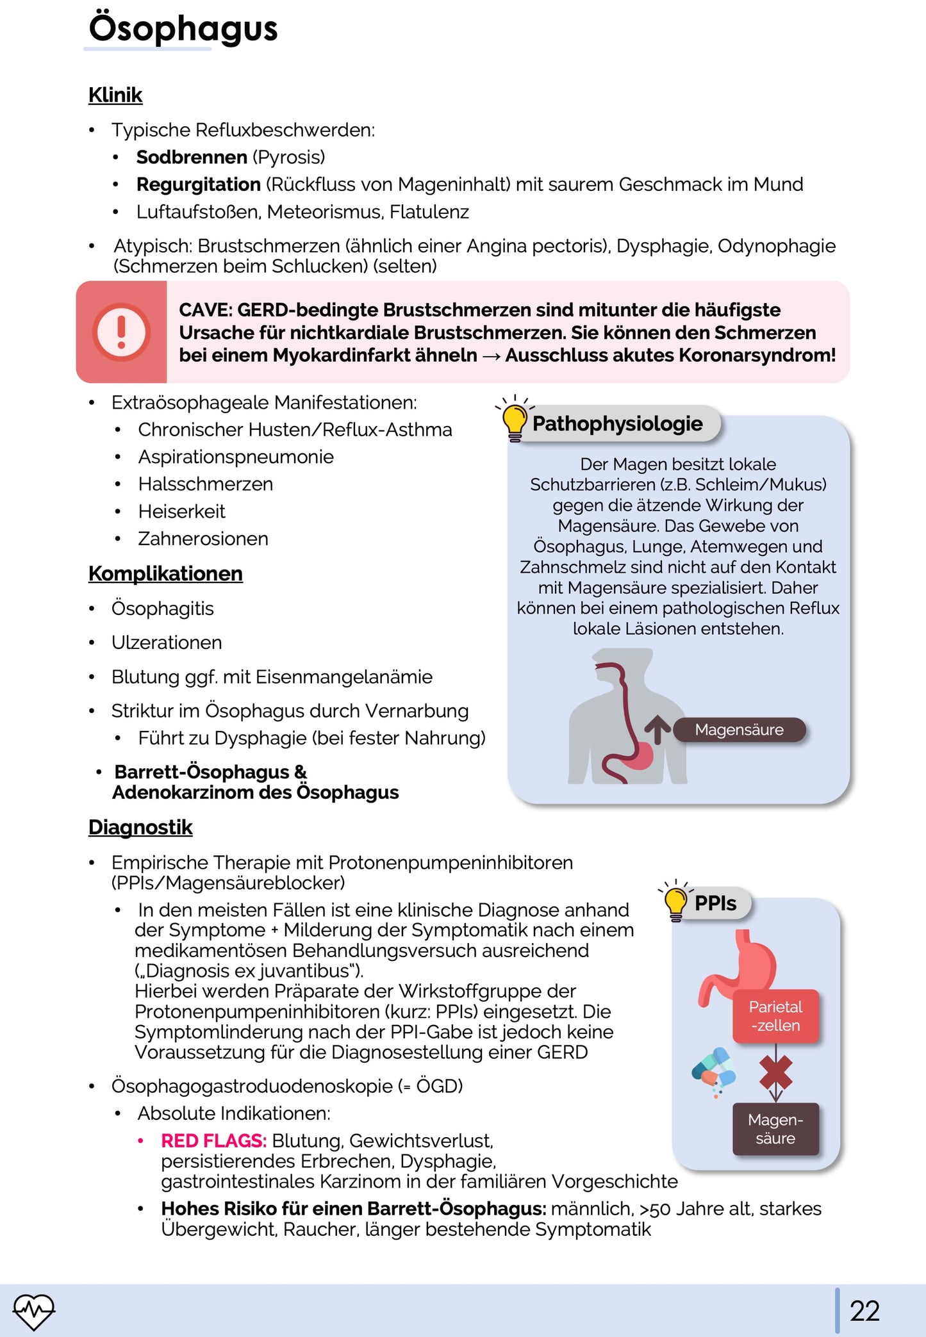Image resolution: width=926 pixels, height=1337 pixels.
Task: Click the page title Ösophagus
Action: tap(183, 29)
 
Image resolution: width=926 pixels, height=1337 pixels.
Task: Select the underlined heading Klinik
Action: tap(115, 95)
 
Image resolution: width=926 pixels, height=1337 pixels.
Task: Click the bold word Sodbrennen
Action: tap(192, 157)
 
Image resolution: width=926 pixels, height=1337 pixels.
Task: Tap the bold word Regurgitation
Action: tap(198, 185)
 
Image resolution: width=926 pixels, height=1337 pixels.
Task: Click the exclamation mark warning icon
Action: tap(121, 332)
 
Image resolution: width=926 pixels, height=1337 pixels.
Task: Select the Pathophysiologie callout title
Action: tap(617, 423)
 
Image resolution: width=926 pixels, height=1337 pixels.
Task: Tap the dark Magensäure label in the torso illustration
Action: tap(739, 730)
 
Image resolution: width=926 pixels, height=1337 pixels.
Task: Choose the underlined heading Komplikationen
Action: tap(165, 573)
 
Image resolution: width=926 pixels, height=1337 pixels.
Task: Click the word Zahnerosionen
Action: tap(203, 539)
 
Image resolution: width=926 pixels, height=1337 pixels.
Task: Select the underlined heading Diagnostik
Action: tap(140, 827)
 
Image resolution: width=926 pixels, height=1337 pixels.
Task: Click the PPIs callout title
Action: tap(715, 903)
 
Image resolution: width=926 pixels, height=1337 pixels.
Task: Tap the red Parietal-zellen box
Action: tap(775, 1016)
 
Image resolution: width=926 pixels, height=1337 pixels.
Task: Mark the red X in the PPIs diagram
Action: tap(775, 1072)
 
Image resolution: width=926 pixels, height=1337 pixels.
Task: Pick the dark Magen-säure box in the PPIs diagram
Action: tap(775, 1129)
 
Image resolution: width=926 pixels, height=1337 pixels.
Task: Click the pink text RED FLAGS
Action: tap(213, 1141)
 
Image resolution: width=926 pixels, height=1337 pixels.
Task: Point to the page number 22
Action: tap(864, 1311)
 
